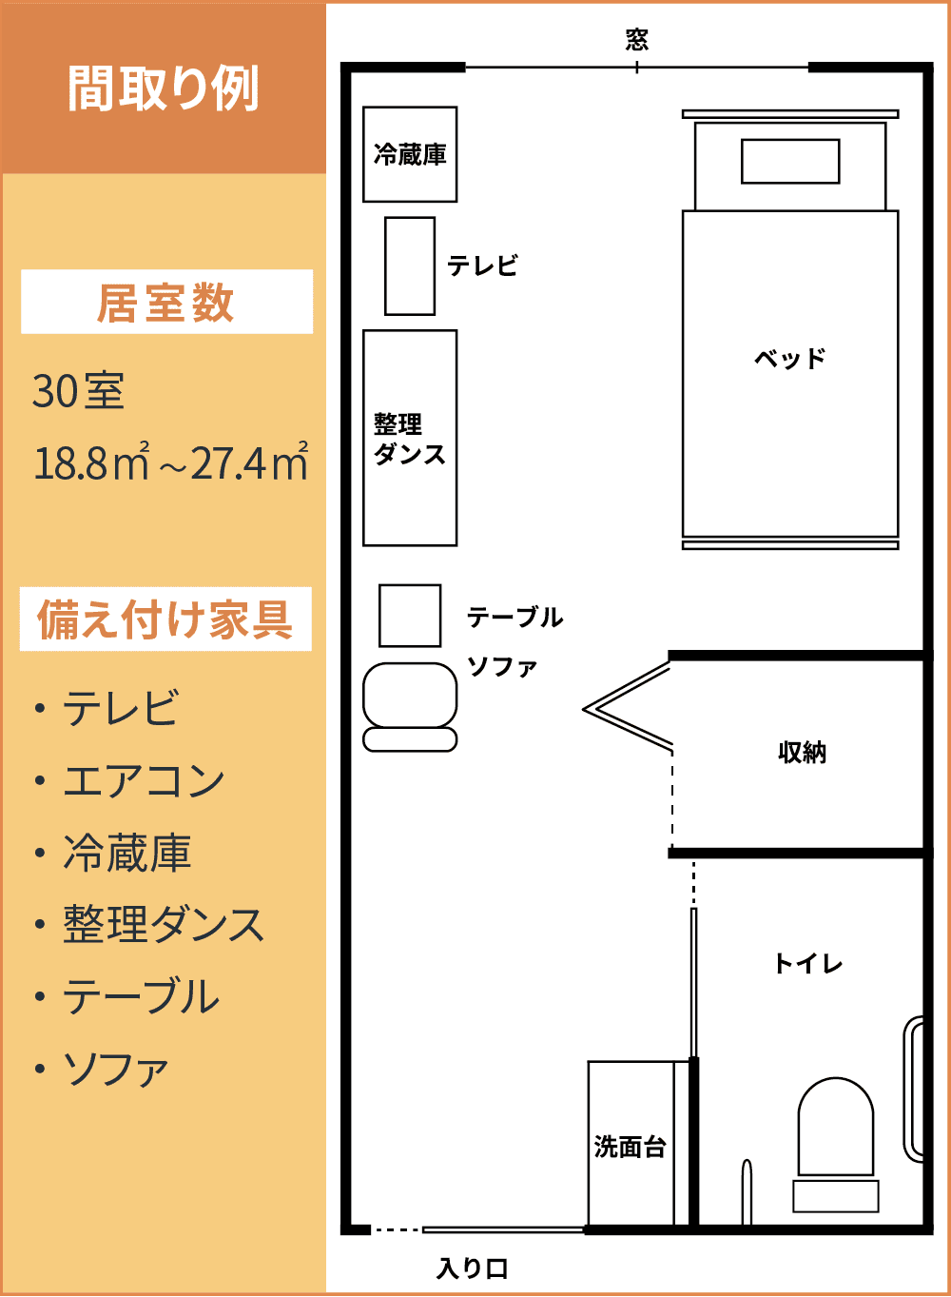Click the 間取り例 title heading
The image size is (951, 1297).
163,88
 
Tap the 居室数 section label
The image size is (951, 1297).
165,303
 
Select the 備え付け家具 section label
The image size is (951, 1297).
165,619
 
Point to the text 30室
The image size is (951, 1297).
78,391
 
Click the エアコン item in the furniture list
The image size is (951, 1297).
144,781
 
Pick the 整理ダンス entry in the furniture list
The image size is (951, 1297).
163,925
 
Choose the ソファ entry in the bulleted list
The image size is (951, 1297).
115,1070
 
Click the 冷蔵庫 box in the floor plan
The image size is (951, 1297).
410,154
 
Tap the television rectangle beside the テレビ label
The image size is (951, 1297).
410,265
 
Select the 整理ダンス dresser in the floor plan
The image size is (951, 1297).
410,438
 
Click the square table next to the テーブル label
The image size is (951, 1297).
410,616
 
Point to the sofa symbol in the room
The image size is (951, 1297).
410,705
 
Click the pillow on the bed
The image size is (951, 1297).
790,161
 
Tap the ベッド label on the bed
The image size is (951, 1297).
789,359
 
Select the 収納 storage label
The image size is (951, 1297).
802,753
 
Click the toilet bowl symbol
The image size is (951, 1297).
835,1130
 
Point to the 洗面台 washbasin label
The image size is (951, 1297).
630,1147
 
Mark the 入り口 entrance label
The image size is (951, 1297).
473,1268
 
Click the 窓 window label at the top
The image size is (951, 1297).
636,39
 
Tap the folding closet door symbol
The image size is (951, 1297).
629,709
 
